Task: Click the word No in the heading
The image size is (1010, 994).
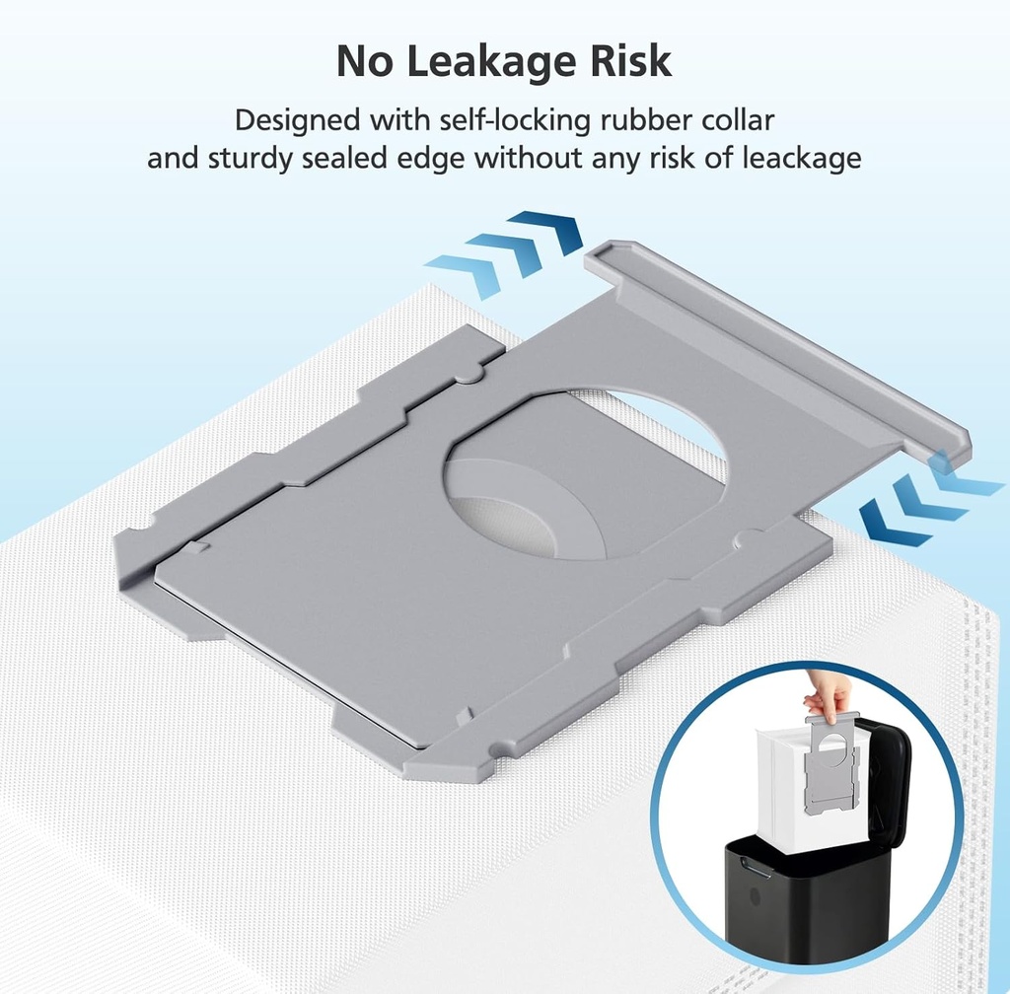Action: (364, 61)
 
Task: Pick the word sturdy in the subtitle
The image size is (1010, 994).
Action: (252, 159)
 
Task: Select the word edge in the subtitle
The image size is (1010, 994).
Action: (430, 159)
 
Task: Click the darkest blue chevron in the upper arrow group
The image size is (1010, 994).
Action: (547, 233)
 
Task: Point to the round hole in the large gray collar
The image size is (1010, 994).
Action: (585, 473)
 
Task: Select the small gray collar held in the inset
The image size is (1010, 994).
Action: (831, 759)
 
